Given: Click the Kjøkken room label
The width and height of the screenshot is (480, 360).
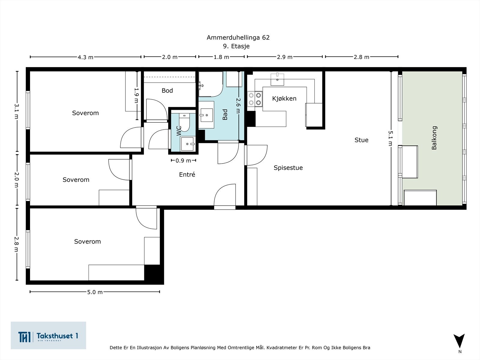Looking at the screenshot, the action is click(284, 99).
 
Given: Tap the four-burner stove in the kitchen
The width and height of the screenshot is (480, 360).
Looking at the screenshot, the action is click(255, 99).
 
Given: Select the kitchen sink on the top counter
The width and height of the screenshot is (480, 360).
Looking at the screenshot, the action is click(277, 79).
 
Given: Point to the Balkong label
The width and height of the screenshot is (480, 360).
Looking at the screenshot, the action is click(434, 138).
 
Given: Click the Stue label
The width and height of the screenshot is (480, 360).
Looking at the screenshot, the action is click(361, 140).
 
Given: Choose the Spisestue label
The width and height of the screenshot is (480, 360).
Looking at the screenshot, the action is click(288, 168).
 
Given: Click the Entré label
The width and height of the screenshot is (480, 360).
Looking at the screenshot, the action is click(187, 174).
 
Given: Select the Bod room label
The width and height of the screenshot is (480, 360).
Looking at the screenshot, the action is click(167, 91).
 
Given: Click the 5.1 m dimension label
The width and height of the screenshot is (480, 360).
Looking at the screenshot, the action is click(390, 138).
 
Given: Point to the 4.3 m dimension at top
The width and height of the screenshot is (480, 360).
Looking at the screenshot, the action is click(85, 57).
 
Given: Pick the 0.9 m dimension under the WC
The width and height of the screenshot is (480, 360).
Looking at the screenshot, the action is click(183, 161).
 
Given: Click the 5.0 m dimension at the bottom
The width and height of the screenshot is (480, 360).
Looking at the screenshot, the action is click(95, 292).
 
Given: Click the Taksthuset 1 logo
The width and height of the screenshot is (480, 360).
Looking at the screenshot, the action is click(48, 335).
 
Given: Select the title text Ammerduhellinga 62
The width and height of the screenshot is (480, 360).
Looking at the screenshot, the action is click(238, 37).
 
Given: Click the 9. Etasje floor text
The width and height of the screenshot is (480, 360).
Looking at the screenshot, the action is click(236, 46).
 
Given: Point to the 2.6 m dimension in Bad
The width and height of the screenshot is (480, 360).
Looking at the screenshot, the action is click(238, 106).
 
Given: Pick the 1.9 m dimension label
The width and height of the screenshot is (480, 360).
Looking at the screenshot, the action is click(136, 95).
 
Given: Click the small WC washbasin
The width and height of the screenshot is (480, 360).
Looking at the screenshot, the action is click(187, 144).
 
